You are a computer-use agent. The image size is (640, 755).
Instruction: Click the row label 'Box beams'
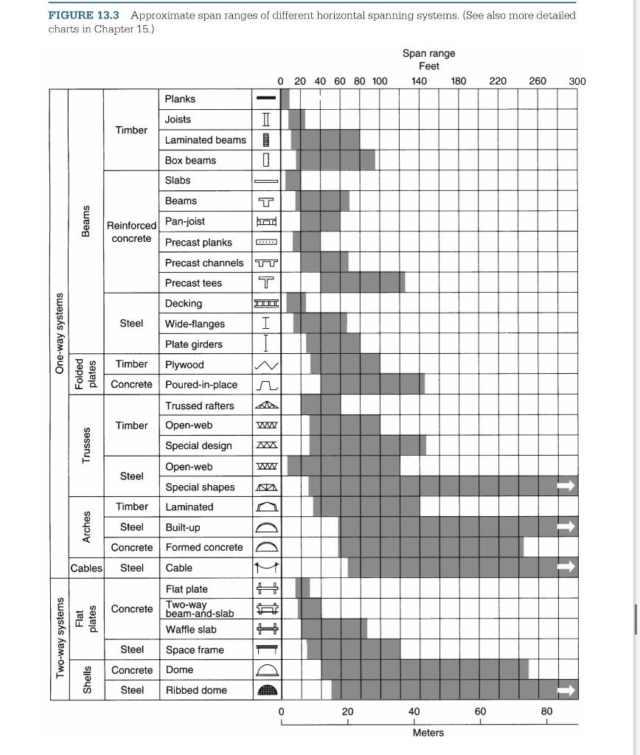tap(190, 160)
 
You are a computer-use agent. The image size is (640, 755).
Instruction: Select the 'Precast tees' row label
tap(193, 283)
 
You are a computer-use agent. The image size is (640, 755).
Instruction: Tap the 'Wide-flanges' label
tap(195, 324)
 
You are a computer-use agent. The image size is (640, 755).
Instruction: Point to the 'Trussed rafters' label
tap(199, 406)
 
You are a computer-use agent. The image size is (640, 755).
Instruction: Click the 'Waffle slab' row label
tap(191, 630)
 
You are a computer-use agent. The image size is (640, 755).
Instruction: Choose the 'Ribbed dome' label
tap(195, 690)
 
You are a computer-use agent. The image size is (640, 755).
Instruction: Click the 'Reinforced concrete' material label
tap(131, 232)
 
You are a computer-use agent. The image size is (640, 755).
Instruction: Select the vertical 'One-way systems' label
tap(60, 333)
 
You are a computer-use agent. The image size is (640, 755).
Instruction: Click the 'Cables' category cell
tap(86, 568)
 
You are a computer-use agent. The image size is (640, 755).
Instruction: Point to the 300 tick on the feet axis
tap(577, 81)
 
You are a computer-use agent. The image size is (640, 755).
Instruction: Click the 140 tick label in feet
tap(419, 81)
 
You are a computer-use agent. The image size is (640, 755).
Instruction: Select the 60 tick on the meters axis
tap(480, 711)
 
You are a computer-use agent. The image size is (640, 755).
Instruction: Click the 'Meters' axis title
tap(428, 733)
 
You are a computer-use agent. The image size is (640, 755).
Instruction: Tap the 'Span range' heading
tap(428, 53)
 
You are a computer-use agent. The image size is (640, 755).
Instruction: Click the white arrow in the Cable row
tap(566, 568)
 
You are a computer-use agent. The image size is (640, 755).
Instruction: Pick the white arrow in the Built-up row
tap(566, 526)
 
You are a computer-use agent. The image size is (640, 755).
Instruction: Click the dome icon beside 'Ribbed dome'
tap(266, 690)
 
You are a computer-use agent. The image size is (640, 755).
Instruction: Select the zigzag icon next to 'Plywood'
tap(266, 365)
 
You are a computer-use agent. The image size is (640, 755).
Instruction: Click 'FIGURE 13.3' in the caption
tap(85, 15)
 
